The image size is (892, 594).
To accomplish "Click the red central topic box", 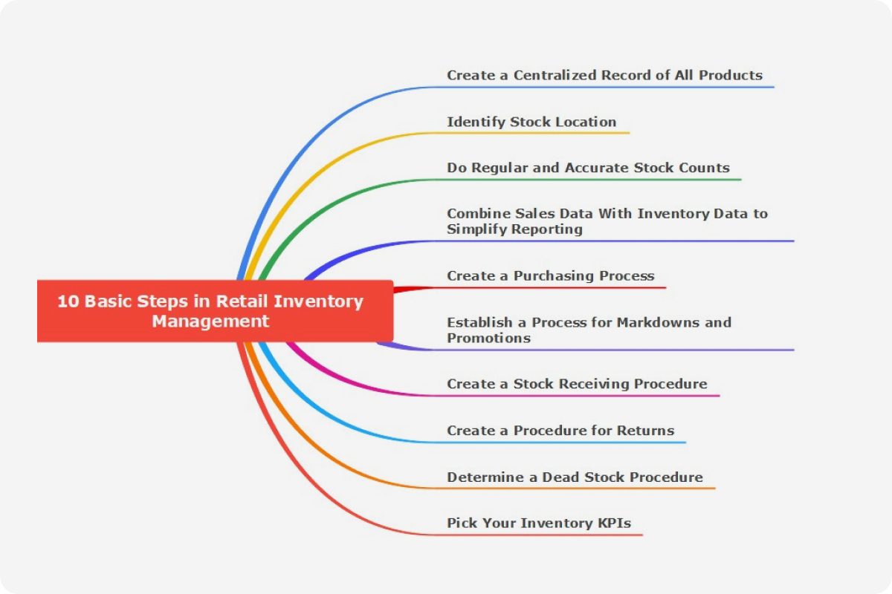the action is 215,311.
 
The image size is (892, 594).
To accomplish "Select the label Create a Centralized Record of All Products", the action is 604,75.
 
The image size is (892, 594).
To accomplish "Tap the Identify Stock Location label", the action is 531,122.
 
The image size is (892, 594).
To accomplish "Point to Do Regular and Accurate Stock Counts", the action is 588,168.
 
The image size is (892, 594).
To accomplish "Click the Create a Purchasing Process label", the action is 550,275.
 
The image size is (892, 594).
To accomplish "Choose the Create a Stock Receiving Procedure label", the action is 577,384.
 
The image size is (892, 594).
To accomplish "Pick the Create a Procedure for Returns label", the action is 560,431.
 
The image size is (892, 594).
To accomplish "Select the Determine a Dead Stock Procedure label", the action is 575,477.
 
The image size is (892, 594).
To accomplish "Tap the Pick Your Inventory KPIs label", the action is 539,523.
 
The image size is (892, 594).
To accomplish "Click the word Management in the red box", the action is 210,322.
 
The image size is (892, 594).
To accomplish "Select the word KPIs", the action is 615,523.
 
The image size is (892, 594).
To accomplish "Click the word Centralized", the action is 555,75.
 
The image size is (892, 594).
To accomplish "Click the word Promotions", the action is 488,338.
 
